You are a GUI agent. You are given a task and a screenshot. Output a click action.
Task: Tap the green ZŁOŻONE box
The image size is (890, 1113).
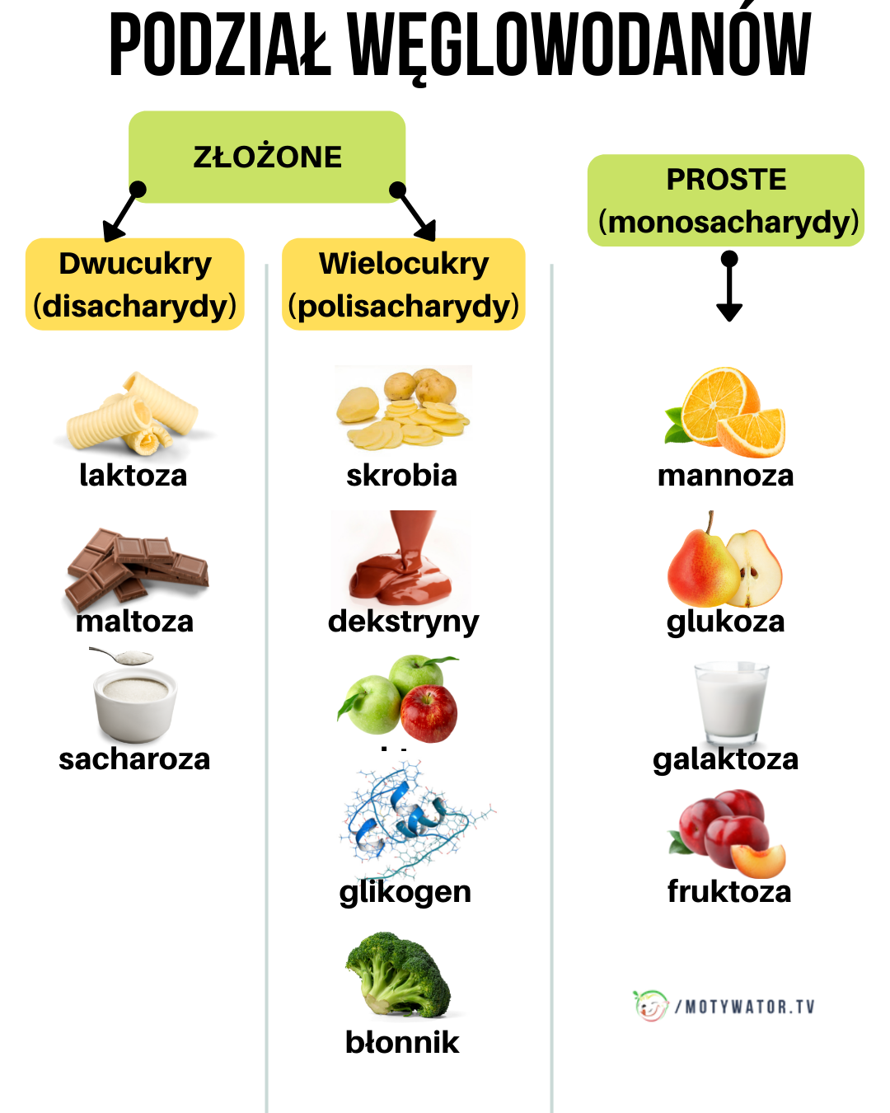click(267, 157)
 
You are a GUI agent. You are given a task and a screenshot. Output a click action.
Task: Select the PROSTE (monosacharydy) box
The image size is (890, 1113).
click(726, 200)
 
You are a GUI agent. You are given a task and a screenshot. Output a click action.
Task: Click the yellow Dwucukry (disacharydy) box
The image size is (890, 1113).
click(135, 284)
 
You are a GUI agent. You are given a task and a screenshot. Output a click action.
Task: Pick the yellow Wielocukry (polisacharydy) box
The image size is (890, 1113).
click(404, 284)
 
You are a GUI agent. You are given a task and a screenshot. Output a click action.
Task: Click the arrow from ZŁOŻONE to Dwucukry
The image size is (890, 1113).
click(122, 213)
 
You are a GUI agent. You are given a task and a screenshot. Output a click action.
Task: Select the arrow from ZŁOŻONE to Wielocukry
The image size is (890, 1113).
click(415, 212)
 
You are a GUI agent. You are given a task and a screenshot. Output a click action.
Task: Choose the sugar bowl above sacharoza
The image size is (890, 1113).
click(134, 701)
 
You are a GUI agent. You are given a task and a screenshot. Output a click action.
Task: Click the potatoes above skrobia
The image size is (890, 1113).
click(404, 407)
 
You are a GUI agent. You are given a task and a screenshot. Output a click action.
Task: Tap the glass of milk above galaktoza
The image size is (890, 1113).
click(730, 702)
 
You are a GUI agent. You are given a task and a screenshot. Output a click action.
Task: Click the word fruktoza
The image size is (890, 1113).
click(729, 891)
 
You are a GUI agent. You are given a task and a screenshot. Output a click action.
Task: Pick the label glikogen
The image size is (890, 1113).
click(405, 892)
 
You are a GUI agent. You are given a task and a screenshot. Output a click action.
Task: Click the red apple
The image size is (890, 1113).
click(429, 713)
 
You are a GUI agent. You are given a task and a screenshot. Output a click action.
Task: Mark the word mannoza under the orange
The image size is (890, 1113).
click(725, 476)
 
